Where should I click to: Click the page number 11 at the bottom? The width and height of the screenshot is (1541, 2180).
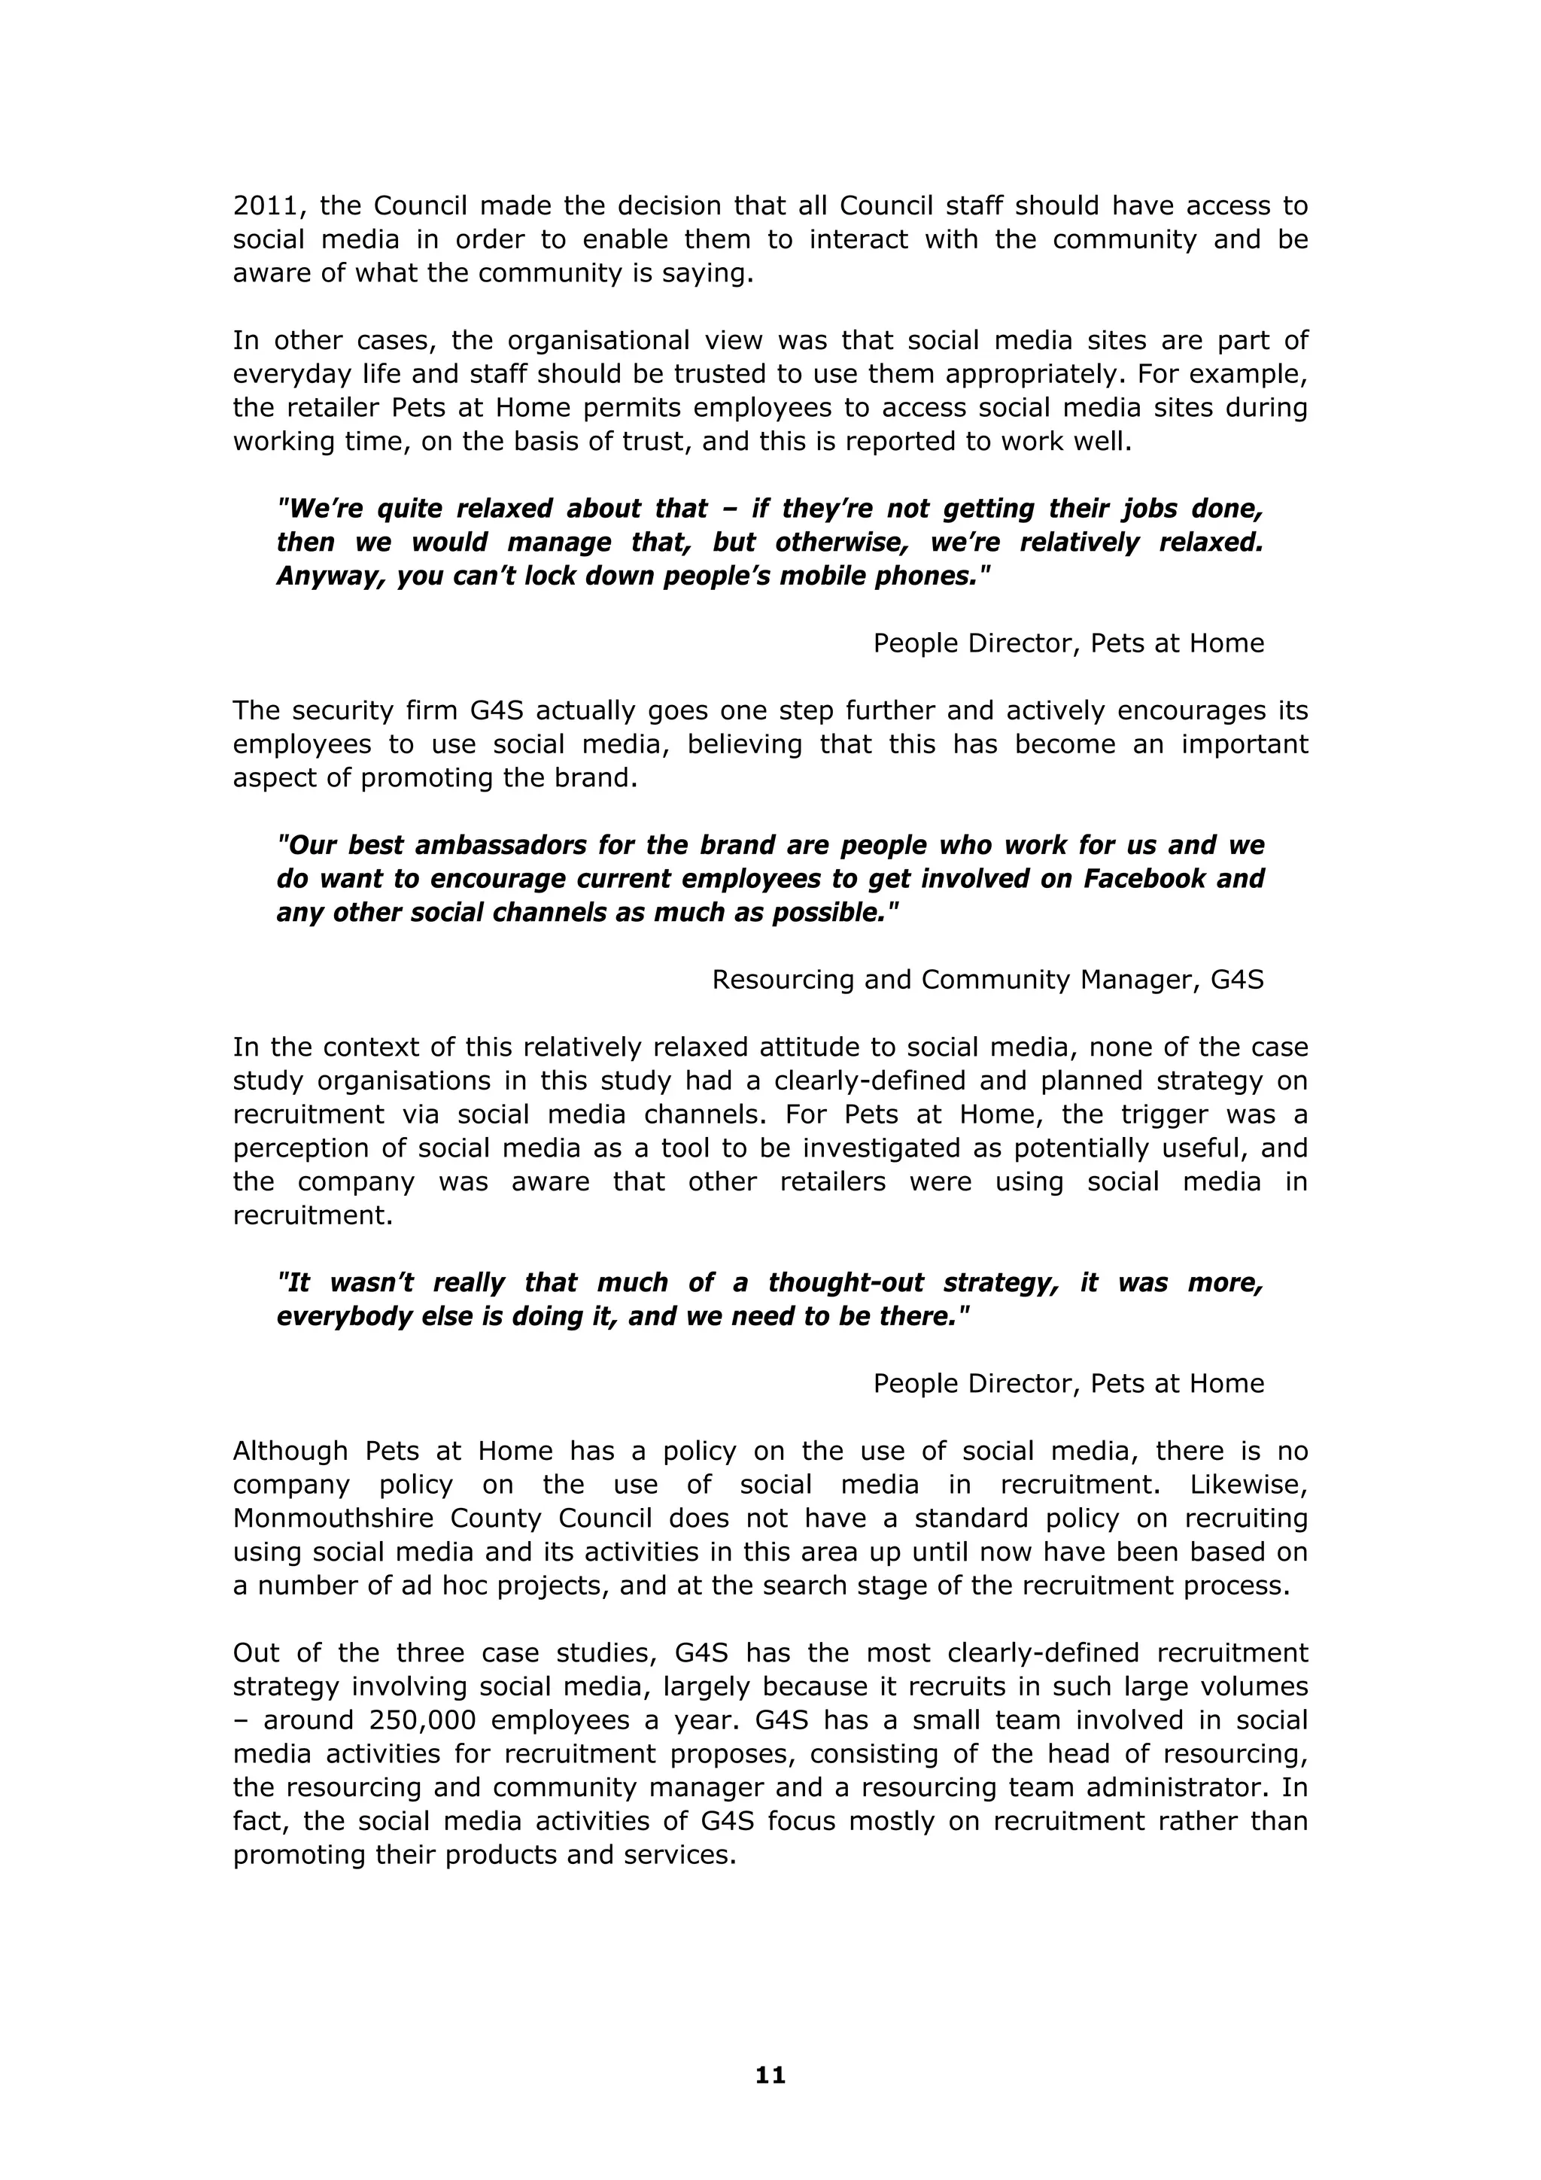coord(770,2075)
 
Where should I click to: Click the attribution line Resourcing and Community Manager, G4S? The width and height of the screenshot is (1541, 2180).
coord(987,980)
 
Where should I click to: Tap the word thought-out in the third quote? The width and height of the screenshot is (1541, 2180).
coord(845,1283)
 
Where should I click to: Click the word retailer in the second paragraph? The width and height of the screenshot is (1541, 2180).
coord(327,409)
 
